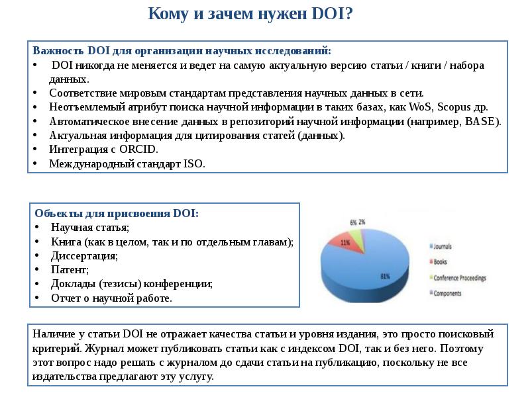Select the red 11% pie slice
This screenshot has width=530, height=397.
(x=348, y=243)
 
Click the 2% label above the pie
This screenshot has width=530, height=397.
(x=362, y=222)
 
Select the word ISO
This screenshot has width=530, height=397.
(x=194, y=164)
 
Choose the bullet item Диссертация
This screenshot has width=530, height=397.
(x=84, y=255)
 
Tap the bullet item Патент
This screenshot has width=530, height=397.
(x=69, y=270)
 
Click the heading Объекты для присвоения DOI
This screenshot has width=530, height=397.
(x=117, y=213)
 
